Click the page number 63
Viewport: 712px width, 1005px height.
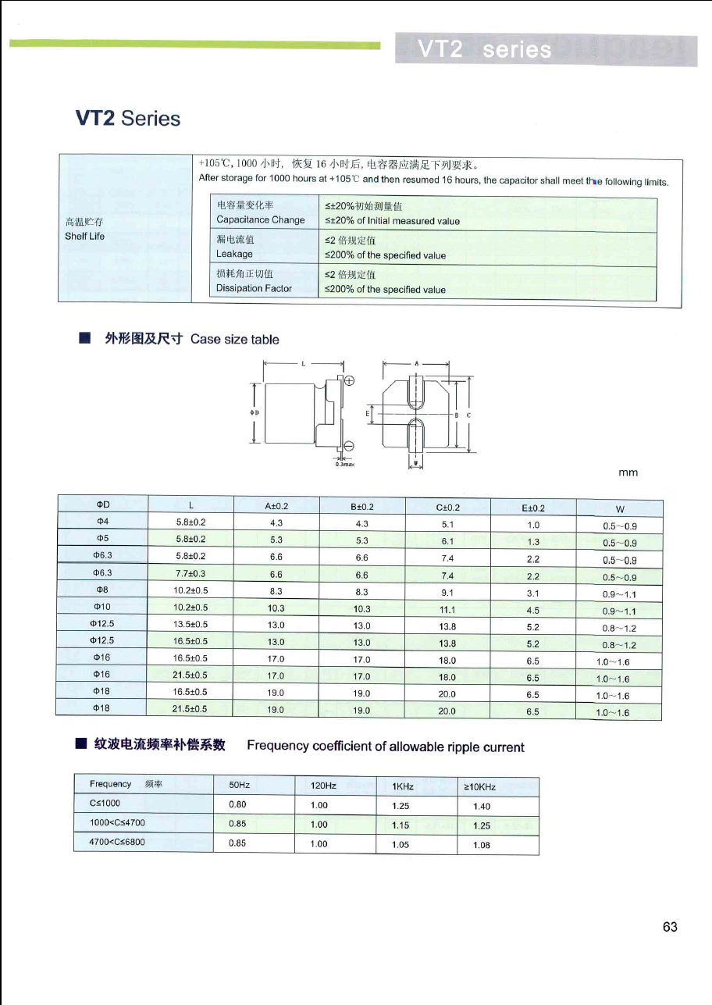pyautogui.click(x=670, y=927)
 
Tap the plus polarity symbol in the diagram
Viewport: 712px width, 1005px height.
pyautogui.click(x=348, y=381)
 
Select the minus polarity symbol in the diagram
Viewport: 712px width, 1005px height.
pyautogui.click(x=348, y=446)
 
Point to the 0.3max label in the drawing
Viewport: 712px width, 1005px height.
pyautogui.click(x=344, y=464)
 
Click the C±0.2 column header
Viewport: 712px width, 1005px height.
pyautogui.click(x=447, y=508)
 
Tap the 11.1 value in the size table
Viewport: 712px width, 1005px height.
pyautogui.click(x=447, y=610)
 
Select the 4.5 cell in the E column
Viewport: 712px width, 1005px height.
pyautogui.click(x=533, y=611)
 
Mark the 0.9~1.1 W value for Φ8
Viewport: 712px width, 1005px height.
pyautogui.click(x=620, y=594)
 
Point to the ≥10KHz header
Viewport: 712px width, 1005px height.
pyautogui.click(x=481, y=787)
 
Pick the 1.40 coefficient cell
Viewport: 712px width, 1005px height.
pyautogui.click(x=482, y=807)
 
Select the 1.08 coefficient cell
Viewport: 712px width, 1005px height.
pyautogui.click(x=482, y=845)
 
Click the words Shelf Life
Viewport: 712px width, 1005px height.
pyautogui.click(x=84, y=237)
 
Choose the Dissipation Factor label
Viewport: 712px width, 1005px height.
pyautogui.click(x=254, y=288)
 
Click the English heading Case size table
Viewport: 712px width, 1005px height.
pyautogui.click(x=234, y=339)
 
